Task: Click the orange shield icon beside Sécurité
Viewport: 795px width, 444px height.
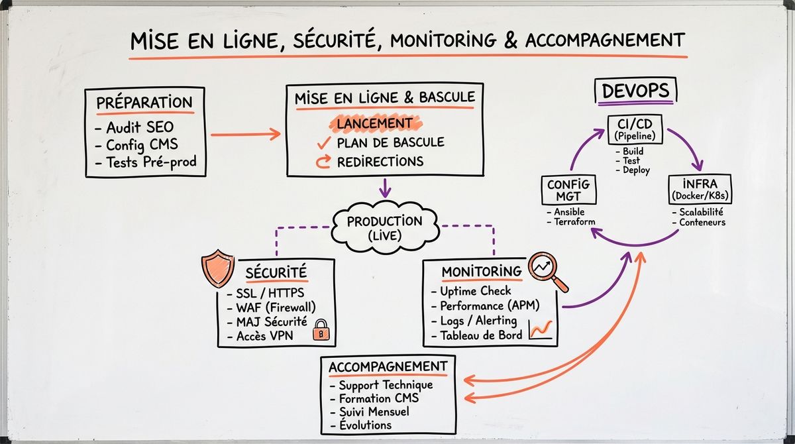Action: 217,268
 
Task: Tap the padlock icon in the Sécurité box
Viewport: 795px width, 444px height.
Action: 321,330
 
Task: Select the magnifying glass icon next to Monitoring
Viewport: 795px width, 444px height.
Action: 547,271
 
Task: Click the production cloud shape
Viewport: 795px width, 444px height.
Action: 385,227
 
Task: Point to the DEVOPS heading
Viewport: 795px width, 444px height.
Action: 635,91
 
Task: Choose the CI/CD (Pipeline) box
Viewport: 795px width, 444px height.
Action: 635,129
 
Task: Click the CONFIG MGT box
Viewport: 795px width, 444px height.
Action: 568,190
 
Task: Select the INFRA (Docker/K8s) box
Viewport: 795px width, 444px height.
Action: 700,189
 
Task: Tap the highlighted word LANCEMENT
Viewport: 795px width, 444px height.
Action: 375,123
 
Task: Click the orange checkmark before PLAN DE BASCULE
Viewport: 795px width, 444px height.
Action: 324,142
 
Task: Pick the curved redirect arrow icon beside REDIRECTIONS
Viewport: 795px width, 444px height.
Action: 323,162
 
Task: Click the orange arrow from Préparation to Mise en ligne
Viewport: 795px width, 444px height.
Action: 246,134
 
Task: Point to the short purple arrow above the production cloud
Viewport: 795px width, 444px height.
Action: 385,188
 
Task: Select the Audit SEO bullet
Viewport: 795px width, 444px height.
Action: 134,127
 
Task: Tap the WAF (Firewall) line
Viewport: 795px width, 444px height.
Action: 272,307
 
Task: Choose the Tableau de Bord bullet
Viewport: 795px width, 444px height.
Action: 477,335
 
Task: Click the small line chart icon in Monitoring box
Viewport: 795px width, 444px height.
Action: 541,329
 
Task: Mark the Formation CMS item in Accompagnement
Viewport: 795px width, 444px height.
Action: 374,398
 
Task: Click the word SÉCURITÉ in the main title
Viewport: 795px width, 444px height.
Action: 335,40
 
